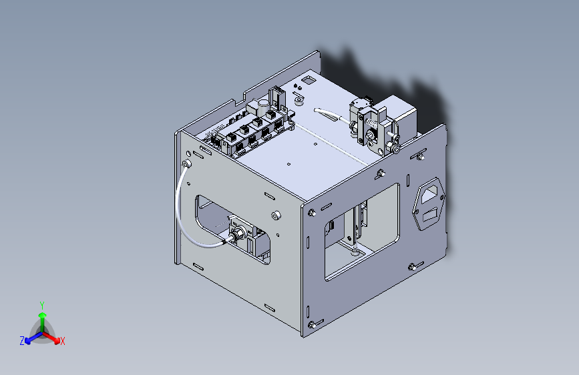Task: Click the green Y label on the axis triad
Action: tap(42, 306)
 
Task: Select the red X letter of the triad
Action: tap(62, 341)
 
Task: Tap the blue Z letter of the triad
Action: tap(22, 341)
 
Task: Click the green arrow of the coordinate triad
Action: tap(43, 322)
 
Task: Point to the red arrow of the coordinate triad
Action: tap(51, 338)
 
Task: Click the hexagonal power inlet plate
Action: tap(429, 204)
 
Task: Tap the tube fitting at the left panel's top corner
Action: tap(187, 163)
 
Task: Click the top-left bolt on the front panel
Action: tap(312, 213)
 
